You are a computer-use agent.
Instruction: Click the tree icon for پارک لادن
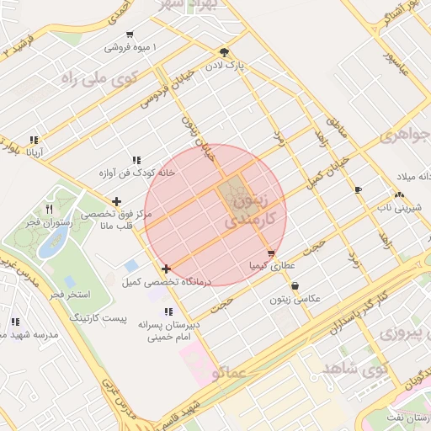coord(223,51)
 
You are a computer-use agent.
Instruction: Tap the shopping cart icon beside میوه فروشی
coord(129,35)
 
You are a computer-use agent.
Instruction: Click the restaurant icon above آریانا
coord(34,141)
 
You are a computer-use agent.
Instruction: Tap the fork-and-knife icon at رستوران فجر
coord(49,209)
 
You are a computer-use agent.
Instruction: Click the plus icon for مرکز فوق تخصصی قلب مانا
coord(116,201)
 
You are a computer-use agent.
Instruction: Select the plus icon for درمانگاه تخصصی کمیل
coord(166,269)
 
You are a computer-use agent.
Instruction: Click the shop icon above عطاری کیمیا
coord(270,253)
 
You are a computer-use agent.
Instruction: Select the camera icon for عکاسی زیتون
coord(294,286)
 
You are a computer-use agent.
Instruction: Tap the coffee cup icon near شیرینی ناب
coord(359,189)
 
